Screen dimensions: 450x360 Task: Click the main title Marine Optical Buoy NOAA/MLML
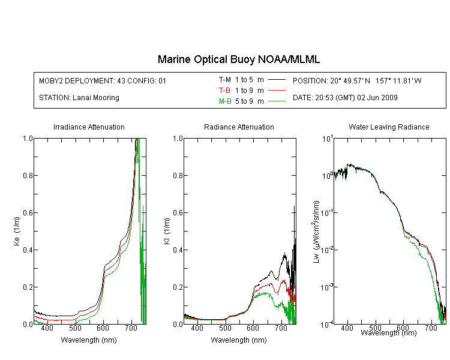pos(239,59)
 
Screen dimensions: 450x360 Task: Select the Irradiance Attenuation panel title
pos(89,127)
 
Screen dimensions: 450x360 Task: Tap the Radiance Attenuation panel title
pos(239,127)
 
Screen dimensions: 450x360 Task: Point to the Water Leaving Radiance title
pos(389,127)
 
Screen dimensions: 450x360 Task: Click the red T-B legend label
pos(224,91)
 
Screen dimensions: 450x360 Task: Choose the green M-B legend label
pos(225,101)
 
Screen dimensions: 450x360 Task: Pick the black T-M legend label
pos(225,80)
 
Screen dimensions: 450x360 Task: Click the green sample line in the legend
pos(277,101)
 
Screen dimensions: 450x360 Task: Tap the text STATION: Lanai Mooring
pos(79,98)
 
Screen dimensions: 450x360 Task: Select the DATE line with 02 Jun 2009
pos(345,98)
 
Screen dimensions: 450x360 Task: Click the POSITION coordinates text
pos(357,80)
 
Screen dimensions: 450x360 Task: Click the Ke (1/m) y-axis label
pos(17,231)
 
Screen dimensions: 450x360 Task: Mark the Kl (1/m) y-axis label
pos(167,231)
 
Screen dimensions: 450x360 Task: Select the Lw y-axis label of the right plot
pos(316,232)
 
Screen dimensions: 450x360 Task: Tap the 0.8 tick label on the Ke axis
pos(28,175)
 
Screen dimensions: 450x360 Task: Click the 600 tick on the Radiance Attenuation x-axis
pos(253,328)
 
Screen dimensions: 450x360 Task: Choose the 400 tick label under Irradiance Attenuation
pos(47,328)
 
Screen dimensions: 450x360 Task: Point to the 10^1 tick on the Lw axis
pos(328,139)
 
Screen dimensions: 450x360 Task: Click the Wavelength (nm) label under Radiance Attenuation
pos(239,340)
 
